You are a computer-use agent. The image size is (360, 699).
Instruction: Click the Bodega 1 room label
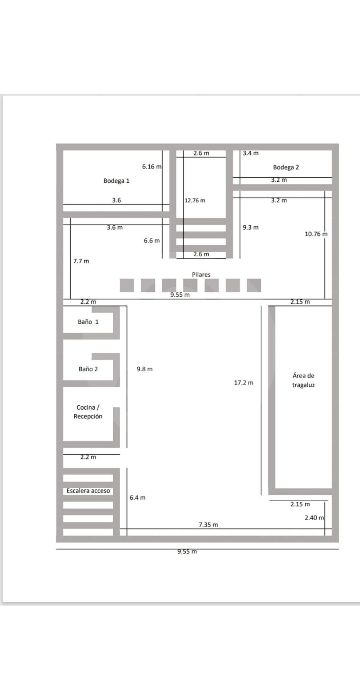(x=116, y=181)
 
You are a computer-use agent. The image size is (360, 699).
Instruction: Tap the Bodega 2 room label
(x=286, y=167)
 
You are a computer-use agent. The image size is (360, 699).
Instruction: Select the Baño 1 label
(x=88, y=322)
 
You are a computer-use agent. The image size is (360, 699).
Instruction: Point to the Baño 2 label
(x=88, y=369)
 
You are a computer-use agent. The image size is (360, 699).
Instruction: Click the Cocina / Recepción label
(x=88, y=412)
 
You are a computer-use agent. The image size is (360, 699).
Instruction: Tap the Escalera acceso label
(x=88, y=491)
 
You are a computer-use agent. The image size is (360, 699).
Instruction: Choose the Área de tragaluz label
(x=303, y=380)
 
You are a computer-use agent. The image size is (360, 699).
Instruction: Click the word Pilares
(x=201, y=275)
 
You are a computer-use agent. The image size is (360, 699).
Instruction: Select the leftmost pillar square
(x=127, y=285)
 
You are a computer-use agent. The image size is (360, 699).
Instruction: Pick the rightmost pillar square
(x=254, y=285)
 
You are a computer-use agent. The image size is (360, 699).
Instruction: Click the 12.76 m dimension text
(x=195, y=201)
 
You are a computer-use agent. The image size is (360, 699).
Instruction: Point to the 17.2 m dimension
(x=244, y=383)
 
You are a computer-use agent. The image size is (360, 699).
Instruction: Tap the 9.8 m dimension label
(x=145, y=369)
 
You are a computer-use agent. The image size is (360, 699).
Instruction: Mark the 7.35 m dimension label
(x=208, y=525)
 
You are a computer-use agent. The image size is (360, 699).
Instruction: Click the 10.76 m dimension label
(x=316, y=234)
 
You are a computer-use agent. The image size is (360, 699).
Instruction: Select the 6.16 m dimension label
(x=152, y=166)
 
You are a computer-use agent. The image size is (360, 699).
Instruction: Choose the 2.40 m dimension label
(x=314, y=518)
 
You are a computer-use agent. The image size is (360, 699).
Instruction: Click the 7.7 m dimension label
(x=81, y=261)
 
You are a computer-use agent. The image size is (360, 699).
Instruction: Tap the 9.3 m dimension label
(x=251, y=227)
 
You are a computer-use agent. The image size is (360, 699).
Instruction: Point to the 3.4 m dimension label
(x=251, y=153)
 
